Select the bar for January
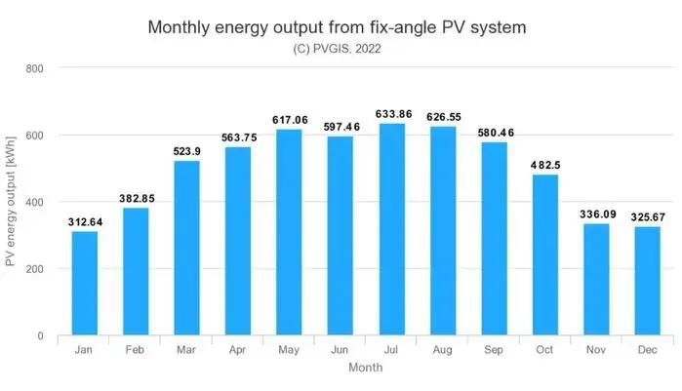84,283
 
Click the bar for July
392,229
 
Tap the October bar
545,254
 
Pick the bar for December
648,281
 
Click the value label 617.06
290,120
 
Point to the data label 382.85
137,199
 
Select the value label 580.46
496,133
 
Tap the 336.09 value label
598,215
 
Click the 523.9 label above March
186,151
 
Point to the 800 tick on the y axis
34,68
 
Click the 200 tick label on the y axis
34,269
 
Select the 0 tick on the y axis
40,335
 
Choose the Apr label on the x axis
237,350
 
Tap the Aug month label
442,350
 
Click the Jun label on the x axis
340,350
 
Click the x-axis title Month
365,368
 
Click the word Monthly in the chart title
179,27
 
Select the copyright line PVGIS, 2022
337,49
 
